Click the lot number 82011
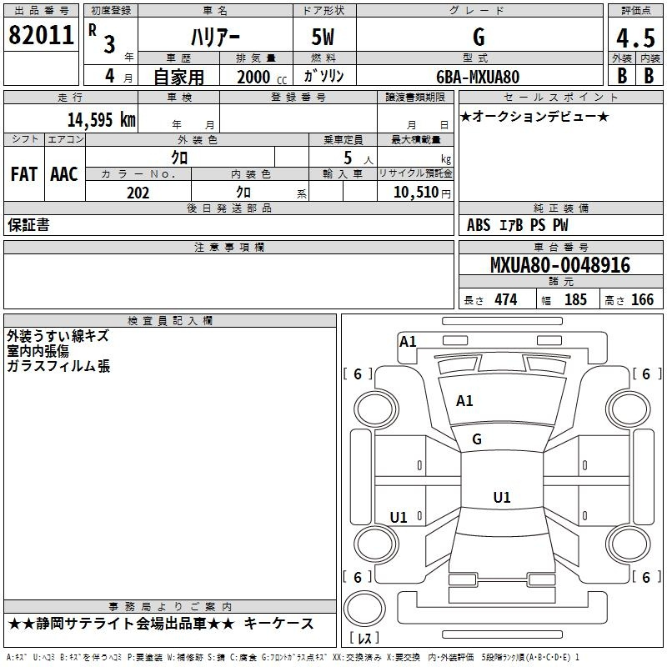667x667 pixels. pyautogui.click(x=41, y=35)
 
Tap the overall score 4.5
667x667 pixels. pyautogui.click(x=635, y=38)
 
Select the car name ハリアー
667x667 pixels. pyautogui.click(x=215, y=38)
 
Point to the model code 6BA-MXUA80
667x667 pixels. pyautogui.click(x=478, y=77)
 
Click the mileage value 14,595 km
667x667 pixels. pyautogui.click(x=102, y=119)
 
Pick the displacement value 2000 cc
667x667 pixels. pyautogui.click(x=262, y=77)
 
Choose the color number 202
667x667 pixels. pyautogui.click(x=138, y=193)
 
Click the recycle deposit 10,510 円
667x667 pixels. pyautogui.click(x=422, y=193)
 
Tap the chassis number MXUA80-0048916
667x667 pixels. pyautogui.click(x=560, y=265)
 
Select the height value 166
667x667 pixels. pyautogui.click(x=642, y=299)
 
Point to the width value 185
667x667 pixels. pyautogui.click(x=575, y=299)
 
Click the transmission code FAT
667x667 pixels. pyautogui.click(x=24, y=174)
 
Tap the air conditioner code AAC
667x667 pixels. pyautogui.click(x=64, y=174)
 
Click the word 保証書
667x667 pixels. pyautogui.click(x=28, y=225)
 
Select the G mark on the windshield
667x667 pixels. pyautogui.click(x=477, y=439)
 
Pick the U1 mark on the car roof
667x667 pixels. pyautogui.click(x=502, y=497)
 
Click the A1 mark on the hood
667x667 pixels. pyautogui.click(x=464, y=401)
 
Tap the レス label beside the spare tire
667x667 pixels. pyautogui.click(x=364, y=638)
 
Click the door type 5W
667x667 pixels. pyautogui.click(x=323, y=37)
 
